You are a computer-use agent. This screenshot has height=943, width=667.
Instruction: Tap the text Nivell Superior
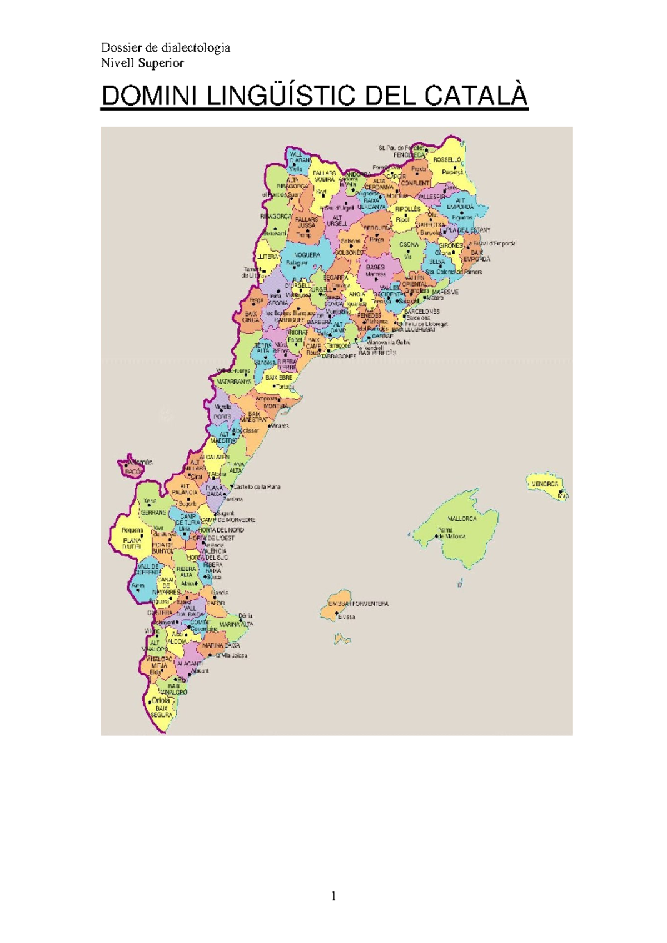coord(142,63)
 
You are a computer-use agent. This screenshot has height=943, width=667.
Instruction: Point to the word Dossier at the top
coord(119,47)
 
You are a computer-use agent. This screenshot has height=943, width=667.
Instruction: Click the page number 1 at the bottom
coord(333,895)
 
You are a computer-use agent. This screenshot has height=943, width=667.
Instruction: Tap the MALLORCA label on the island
coord(462,519)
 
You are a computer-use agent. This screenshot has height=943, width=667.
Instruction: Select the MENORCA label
coord(545,484)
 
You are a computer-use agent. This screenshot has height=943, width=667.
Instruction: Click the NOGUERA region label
coord(307,255)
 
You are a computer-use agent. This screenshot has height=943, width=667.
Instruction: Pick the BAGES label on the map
coord(375,267)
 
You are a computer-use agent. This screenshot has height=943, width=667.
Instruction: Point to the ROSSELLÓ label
coord(447,160)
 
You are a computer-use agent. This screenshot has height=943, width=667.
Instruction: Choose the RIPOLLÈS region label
coord(407,209)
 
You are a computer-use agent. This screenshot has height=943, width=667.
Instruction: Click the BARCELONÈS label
coord(422,312)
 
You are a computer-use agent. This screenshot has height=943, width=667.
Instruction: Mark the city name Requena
coord(132,530)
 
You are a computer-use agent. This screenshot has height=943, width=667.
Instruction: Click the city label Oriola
coord(161,700)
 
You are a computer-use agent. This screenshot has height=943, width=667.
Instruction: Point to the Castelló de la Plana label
coord(256,487)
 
